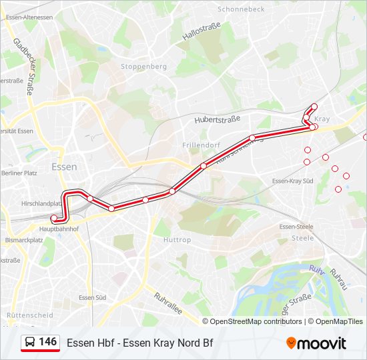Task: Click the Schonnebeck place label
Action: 240,9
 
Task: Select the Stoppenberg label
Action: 143,67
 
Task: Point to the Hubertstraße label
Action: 217,119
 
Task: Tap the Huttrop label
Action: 177,240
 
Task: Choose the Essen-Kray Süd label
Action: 292,181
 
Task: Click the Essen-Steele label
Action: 296,227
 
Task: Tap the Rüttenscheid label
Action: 29,315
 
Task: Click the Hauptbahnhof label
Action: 59,229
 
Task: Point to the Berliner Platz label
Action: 18,173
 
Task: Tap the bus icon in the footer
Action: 30,343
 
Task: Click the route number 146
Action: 48,342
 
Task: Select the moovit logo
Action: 316,343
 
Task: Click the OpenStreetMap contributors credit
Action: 256,321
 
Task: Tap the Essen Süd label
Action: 92,298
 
